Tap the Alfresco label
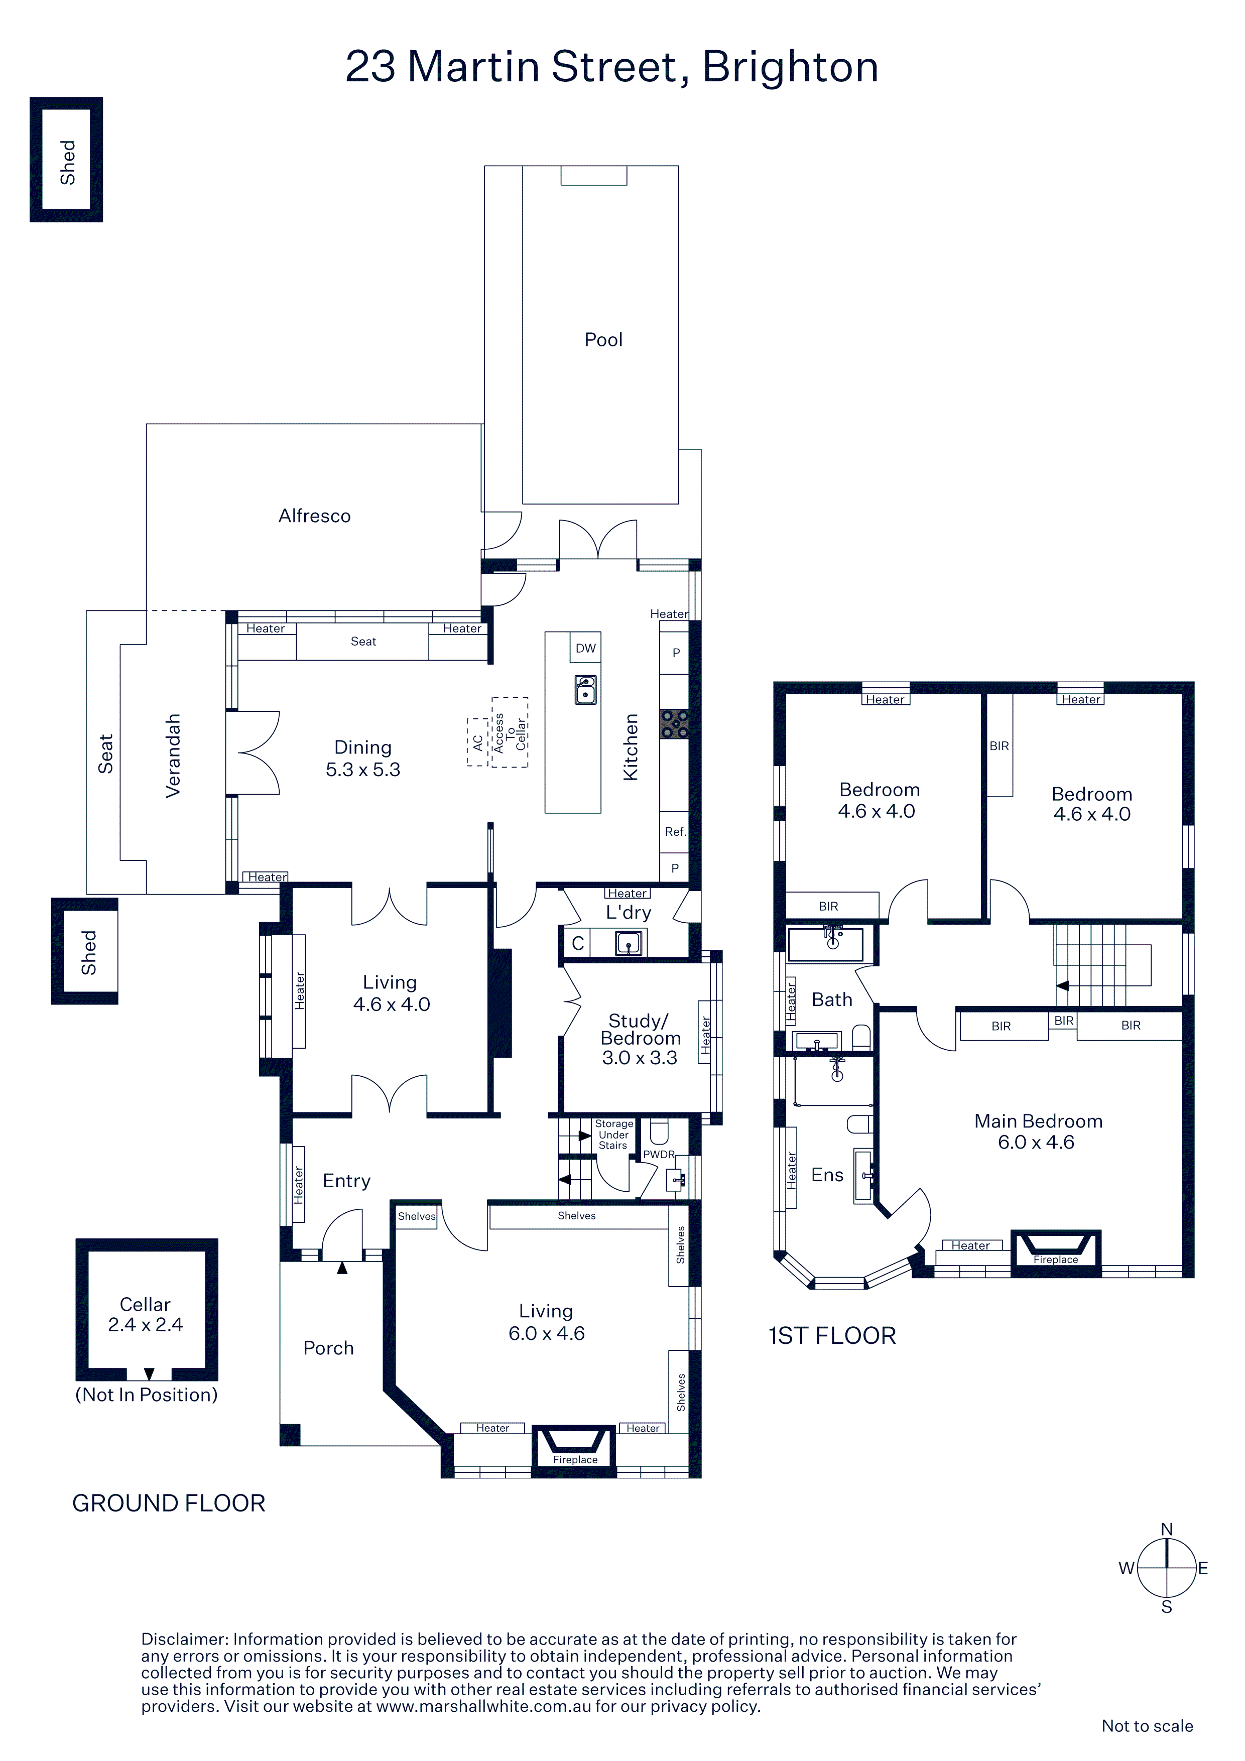(x=314, y=516)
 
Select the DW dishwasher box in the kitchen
(x=585, y=648)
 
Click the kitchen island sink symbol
(x=585, y=690)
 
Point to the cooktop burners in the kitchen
(x=674, y=723)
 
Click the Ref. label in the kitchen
(x=675, y=831)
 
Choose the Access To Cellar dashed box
(x=510, y=732)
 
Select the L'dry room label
(x=628, y=912)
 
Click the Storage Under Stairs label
(x=613, y=1135)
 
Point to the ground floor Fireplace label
(x=575, y=1460)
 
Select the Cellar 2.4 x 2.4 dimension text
(x=146, y=1325)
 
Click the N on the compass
(x=1167, y=1530)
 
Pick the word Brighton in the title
(x=790, y=67)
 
